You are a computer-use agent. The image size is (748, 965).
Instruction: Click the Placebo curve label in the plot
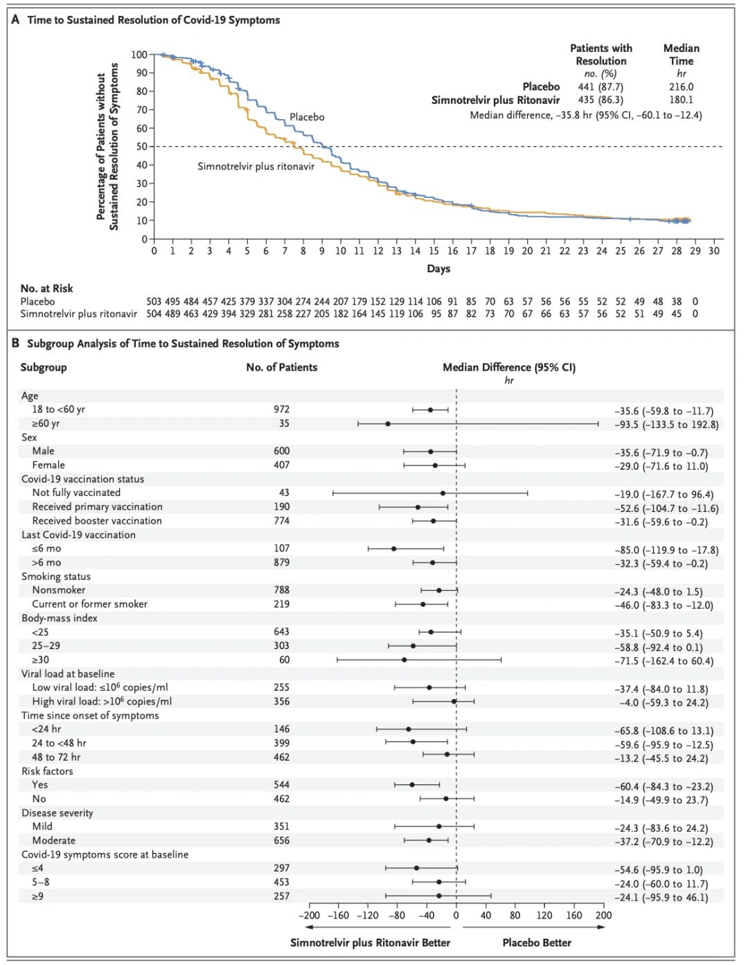pyautogui.click(x=307, y=117)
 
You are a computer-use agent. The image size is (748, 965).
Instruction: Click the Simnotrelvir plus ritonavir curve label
pyautogui.click(x=256, y=166)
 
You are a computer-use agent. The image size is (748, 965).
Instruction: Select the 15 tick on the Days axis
pyautogui.click(x=434, y=251)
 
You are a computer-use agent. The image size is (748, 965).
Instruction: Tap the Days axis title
pyautogui.click(x=438, y=269)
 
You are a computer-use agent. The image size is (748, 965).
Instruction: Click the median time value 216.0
pyautogui.click(x=681, y=87)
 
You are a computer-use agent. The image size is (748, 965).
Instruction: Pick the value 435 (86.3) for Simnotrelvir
pyautogui.click(x=600, y=100)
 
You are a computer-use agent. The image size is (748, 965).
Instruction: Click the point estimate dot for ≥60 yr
pyautogui.click(x=388, y=424)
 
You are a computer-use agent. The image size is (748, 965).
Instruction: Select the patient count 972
pyautogui.click(x=281, y=409)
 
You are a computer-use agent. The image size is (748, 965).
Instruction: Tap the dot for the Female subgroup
pyautogui.click(x=434, y=466)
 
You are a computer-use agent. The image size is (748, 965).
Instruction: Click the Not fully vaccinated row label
pyautogui.click(x=76, y=493)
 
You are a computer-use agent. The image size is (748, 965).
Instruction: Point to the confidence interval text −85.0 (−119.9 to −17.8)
pyautogui.click(x=666, y=550)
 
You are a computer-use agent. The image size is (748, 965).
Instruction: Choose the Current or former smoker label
pyautogui.click(x=89, y=604)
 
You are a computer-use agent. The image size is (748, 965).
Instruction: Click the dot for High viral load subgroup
pyautogui.click(x=454, y=702)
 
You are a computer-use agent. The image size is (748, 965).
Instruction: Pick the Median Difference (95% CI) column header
pyautogui.click(x=509, y=368)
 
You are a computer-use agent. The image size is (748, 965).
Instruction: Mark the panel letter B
pyautogui.click(x=15, y=344)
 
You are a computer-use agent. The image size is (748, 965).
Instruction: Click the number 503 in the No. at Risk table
pyautogui.click(x=154, y=301)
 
